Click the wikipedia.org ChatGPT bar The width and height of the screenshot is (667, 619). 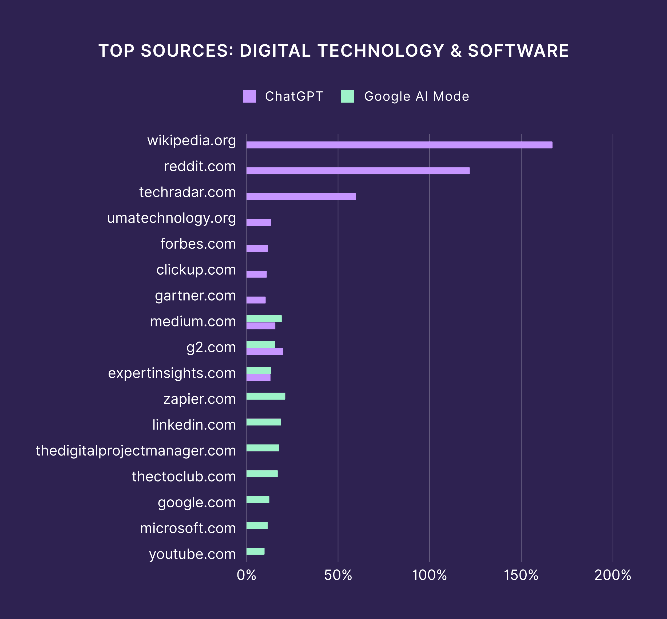coord(399,145)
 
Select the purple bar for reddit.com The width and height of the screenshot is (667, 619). coord(358,171)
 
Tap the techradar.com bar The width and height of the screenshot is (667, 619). coord(301,197)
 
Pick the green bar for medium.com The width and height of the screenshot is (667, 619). coord(264,318)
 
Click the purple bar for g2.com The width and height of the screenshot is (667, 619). coord(265,352)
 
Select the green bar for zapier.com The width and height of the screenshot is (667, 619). coord(265,396)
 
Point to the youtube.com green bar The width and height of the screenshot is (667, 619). coord(255,551)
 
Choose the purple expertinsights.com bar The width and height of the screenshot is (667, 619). coord(258,377)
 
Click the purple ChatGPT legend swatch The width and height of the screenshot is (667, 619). coord(249,96)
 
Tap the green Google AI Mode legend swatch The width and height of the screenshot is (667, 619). coord(348,96)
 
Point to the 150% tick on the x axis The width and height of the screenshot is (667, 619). coord(521,575)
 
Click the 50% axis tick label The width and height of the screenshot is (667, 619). coord(338,575)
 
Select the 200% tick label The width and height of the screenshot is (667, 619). coord(613,575)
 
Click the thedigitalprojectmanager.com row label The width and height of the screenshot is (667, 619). coord(136,450)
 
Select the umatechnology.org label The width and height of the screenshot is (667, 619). coord(171,218)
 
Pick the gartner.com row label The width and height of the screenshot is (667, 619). coord(195,296)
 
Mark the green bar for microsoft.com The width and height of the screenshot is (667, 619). coord(257,525)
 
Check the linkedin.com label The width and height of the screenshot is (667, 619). coord(194,425)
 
